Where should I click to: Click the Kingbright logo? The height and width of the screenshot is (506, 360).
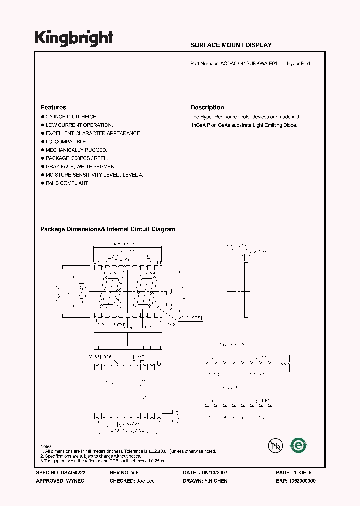pos(73,38)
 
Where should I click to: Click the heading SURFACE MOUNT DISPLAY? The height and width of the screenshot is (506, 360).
pos(231,45)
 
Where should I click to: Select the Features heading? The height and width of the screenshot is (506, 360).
pos(53,107)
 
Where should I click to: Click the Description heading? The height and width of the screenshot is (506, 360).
pos(207,107)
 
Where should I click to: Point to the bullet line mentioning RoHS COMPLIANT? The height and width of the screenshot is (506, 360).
pos(67,183)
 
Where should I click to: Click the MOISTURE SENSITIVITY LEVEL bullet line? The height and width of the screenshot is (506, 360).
pos(94,175)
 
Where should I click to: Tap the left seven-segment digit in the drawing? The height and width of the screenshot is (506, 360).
pos(110,291)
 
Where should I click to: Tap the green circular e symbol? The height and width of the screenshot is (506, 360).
pos(299,445)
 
